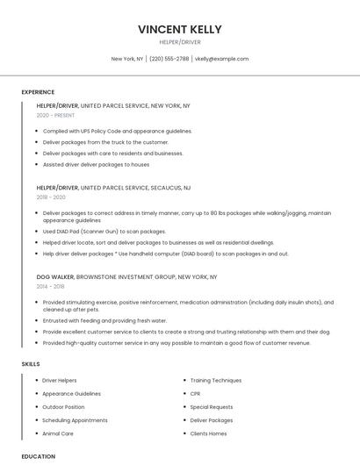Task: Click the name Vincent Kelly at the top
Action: [x=179, y=29]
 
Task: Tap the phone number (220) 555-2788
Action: [x=169, y=59]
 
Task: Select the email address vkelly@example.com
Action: [x=221, y=59]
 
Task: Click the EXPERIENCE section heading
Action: [x=38, y=92]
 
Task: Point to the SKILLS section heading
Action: [x=30, y=363]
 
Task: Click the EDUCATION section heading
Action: [x=38, y=456]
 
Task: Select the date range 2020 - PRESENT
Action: [x=56, y=115]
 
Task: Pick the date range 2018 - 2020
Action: [x=52, y=197]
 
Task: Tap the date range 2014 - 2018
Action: [x=51, y=286]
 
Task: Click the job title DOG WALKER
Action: [x=55, y=276]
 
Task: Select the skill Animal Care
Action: [x=58, y=433]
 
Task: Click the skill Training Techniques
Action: [x=215, y=381]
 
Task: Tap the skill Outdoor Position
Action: [x=63, y=407]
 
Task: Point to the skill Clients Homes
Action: [x=208, y=433]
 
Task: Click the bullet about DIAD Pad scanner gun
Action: [x=104, y=231]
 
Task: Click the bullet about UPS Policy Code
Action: [x=117, y=131]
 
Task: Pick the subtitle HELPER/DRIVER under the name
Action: [x=179, y=41]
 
